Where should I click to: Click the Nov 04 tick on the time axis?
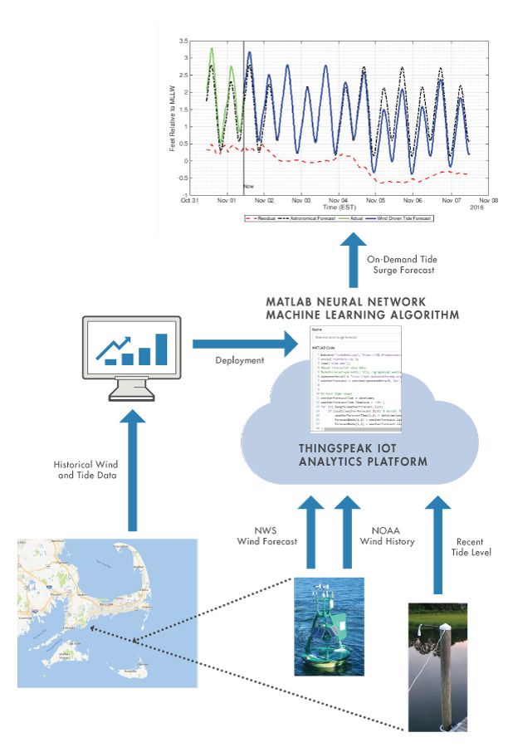tap(339, 201)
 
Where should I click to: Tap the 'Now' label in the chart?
tap(248, 188)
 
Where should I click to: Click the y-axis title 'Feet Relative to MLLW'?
tap(170, 116)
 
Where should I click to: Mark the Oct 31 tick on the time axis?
tap(191, 201)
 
